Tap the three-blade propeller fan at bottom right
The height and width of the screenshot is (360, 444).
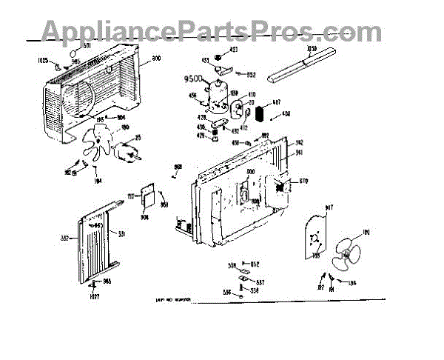[345, 256]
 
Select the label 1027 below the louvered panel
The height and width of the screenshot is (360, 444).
[94, 297]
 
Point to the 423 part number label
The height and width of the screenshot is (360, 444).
[234, 50]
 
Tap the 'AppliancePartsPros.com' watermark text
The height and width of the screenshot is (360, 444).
[212, 32]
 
